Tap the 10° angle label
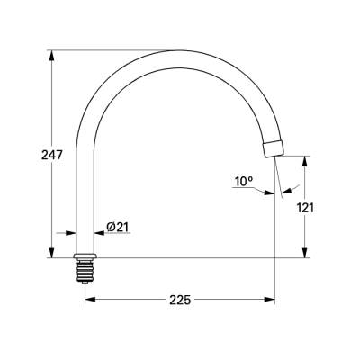(x=243, y=181)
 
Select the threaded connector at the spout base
(x=85, y=268)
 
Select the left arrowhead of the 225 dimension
(x=90, y=299)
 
